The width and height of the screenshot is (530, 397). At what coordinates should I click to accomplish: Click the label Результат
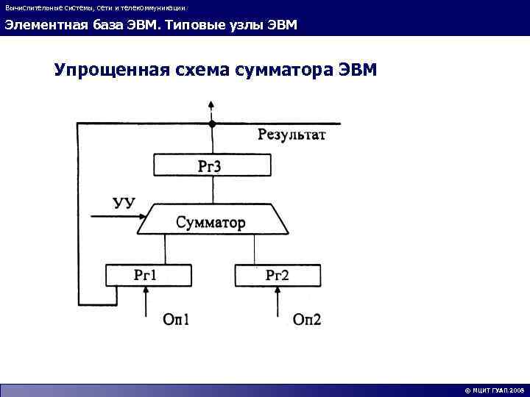coord(291,135)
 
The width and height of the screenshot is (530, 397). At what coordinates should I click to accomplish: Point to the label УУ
coord(124,201)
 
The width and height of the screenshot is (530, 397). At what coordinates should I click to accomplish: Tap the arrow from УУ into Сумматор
coord(118,216)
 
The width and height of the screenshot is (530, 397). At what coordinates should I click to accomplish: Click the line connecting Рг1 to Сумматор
coord(166,250)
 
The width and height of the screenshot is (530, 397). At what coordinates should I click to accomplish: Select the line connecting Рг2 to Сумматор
coord(254,250)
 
